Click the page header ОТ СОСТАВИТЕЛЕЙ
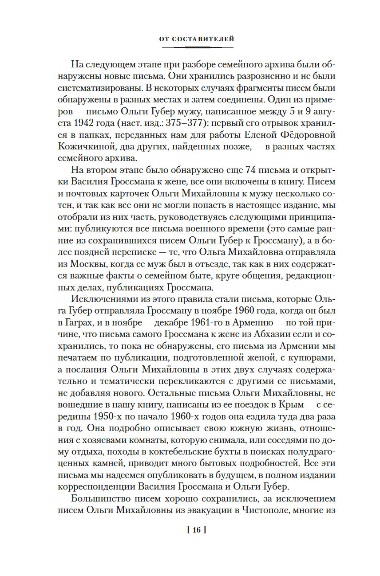(x=196, y=39)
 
